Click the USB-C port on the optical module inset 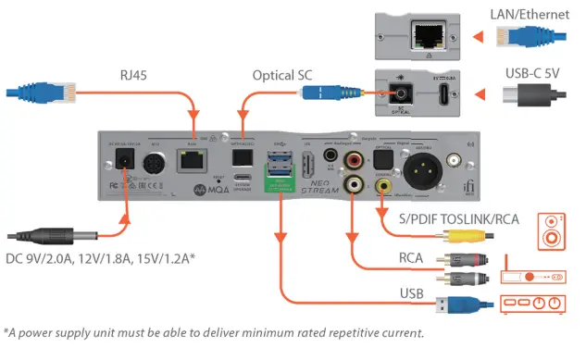(x=443, y=95)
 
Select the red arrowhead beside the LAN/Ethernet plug (x=478, y=38)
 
